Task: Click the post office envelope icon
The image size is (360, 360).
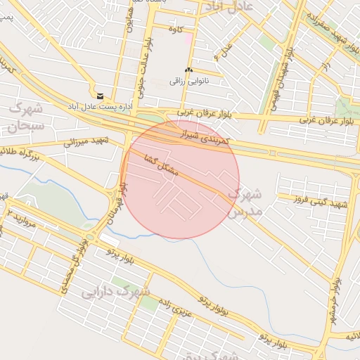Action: point(100,96)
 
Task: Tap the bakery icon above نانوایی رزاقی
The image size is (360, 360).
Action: point(188,70)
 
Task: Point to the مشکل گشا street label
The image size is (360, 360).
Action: point(162,165)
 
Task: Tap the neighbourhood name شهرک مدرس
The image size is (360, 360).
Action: point(246,202)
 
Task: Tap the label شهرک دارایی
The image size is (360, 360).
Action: point(116,291)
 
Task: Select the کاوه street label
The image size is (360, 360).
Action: point(175,29)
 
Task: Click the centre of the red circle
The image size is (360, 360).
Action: point(180,179)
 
